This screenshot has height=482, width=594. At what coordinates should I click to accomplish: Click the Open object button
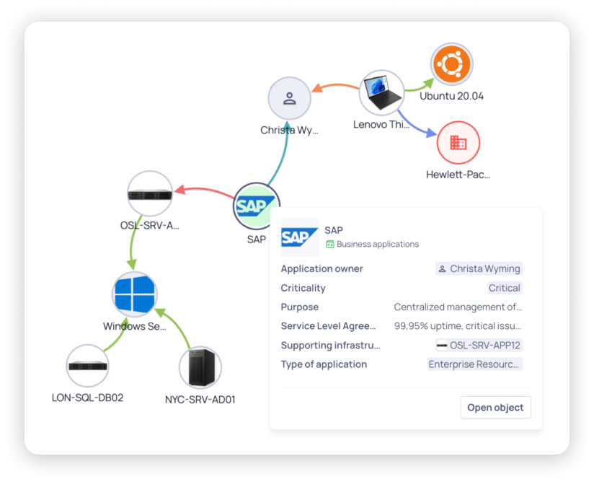tap(495, 407)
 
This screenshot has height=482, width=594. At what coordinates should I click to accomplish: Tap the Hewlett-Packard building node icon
tap(458, 143)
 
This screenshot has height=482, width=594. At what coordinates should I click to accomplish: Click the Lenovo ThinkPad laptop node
tap(381, 92)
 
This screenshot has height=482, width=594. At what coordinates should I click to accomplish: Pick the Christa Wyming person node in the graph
tap(289, 98)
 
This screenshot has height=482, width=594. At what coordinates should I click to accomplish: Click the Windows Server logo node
tap(135, 294)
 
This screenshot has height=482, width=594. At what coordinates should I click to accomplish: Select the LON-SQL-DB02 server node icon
tap(88, 366)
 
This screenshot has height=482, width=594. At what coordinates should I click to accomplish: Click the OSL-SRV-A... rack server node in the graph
tap(150, 194)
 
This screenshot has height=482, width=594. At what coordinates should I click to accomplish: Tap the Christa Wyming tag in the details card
tap(479, 268)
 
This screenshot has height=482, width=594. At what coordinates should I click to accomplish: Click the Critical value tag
tap(504, 288)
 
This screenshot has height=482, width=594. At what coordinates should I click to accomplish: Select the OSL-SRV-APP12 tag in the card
tap(479, 345)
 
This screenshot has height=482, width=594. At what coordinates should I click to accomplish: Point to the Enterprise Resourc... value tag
tap(474, 364)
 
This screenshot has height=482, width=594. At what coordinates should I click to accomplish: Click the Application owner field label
tap(322, 268)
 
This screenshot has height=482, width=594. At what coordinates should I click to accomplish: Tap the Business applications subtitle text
tap(377, 244)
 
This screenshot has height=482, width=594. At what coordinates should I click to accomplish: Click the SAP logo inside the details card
tap(300, 237)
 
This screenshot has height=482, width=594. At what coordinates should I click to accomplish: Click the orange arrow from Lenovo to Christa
tap(335, 87)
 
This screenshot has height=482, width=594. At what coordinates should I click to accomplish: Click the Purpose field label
tap(299, 307)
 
